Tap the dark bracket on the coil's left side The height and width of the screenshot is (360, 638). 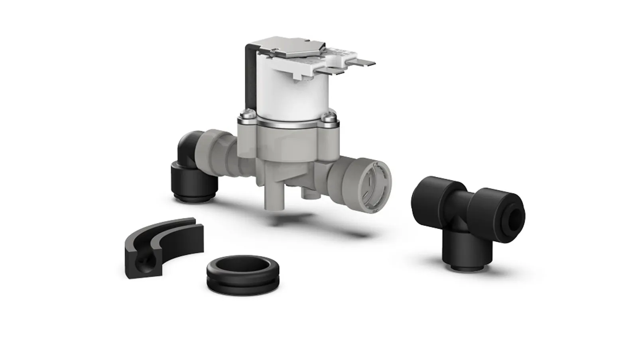coord(249,80)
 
